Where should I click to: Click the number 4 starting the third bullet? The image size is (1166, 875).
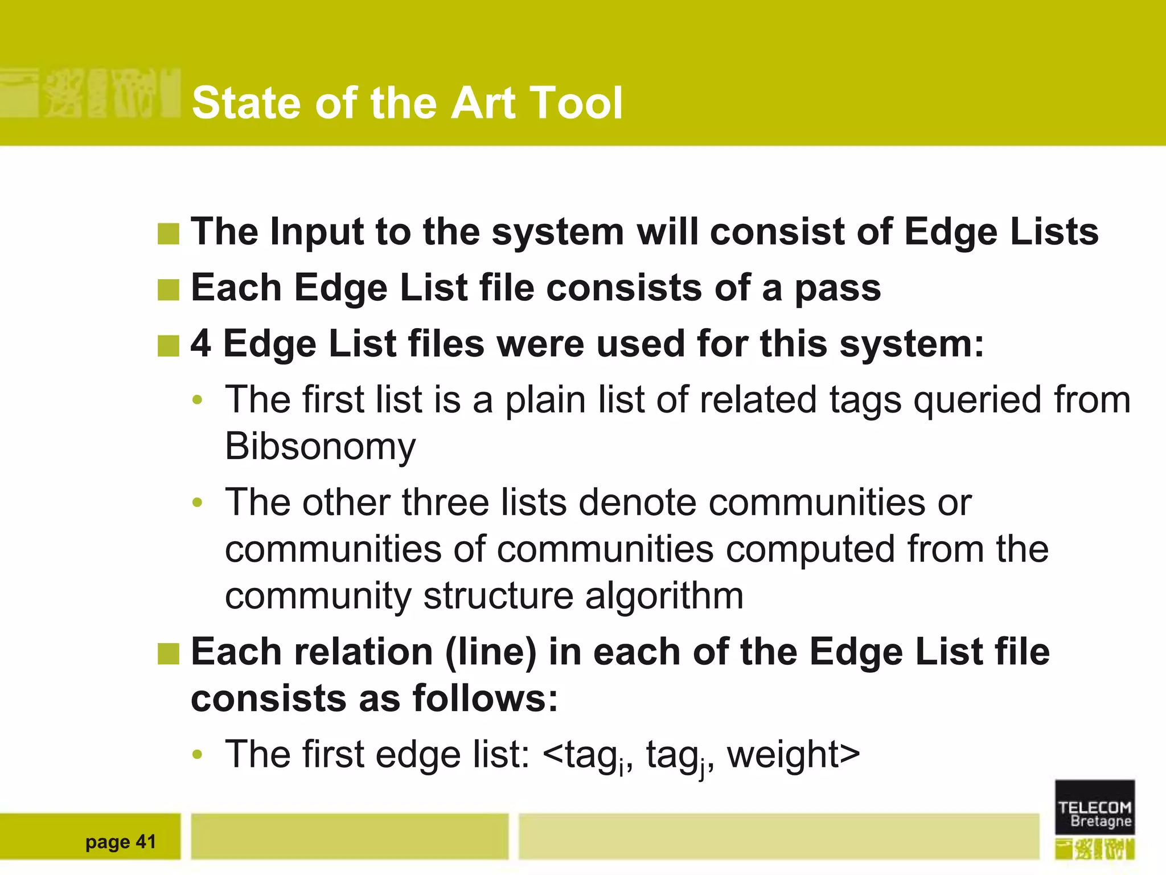pos(200,344)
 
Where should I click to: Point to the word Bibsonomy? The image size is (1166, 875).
pos(320,446)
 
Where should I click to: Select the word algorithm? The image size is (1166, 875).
pos(664,596)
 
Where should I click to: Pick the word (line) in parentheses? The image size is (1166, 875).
pos(491,652)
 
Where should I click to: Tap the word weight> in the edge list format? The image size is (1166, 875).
pos(793,755)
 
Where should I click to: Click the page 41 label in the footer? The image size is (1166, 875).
pos(120,842)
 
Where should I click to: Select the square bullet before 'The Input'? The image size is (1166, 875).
pos(169,234)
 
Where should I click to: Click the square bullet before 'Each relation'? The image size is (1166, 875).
pos(169,653)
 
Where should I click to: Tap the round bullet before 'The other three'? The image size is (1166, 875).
pos(198,503)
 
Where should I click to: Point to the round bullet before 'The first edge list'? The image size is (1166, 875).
pos(198,755)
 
